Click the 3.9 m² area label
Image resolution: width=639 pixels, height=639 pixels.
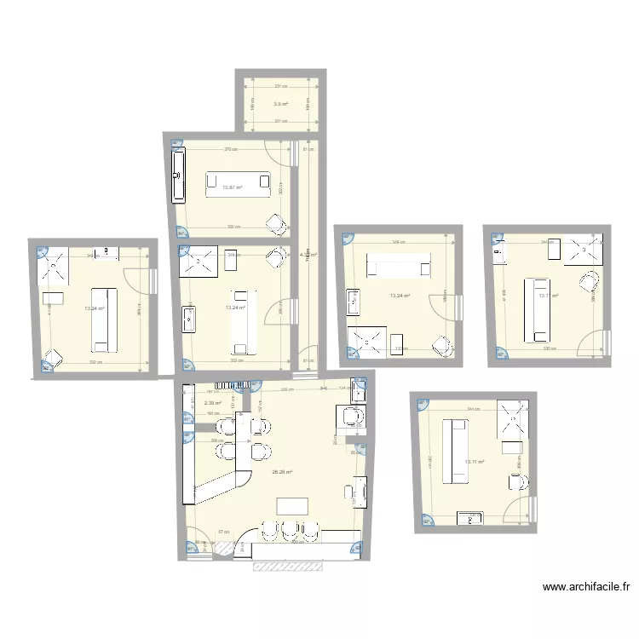tap(280, 104)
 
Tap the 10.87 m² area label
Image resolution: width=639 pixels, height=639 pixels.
tap(232, 187)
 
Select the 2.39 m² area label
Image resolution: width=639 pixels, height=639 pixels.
tap(213, 403)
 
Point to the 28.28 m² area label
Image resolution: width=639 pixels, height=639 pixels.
tap(282, 472)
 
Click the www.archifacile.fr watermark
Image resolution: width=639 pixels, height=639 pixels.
tap(588, 586)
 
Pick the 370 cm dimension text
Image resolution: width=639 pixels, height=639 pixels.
tap(230, 150)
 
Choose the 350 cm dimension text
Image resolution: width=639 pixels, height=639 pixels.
tap(233, 227)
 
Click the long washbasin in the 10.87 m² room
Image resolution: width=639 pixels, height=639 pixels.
tap(179, 176)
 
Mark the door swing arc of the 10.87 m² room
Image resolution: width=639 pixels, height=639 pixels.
tap(274, 153)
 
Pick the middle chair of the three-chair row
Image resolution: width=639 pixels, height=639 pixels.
tap(290, 529)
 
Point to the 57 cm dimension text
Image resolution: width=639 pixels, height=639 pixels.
tap(223, 532)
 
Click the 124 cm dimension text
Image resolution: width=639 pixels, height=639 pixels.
tap(343, 390)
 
